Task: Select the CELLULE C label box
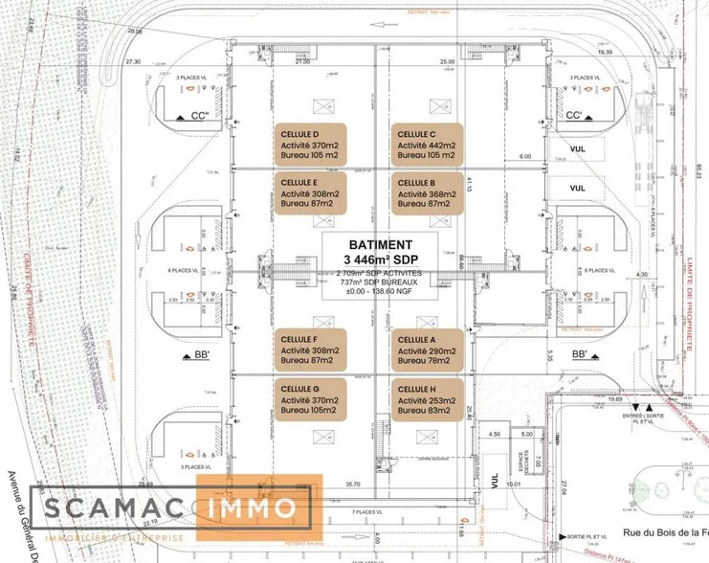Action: [x=426, y=144]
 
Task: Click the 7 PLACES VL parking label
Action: [x=366, y=512]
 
